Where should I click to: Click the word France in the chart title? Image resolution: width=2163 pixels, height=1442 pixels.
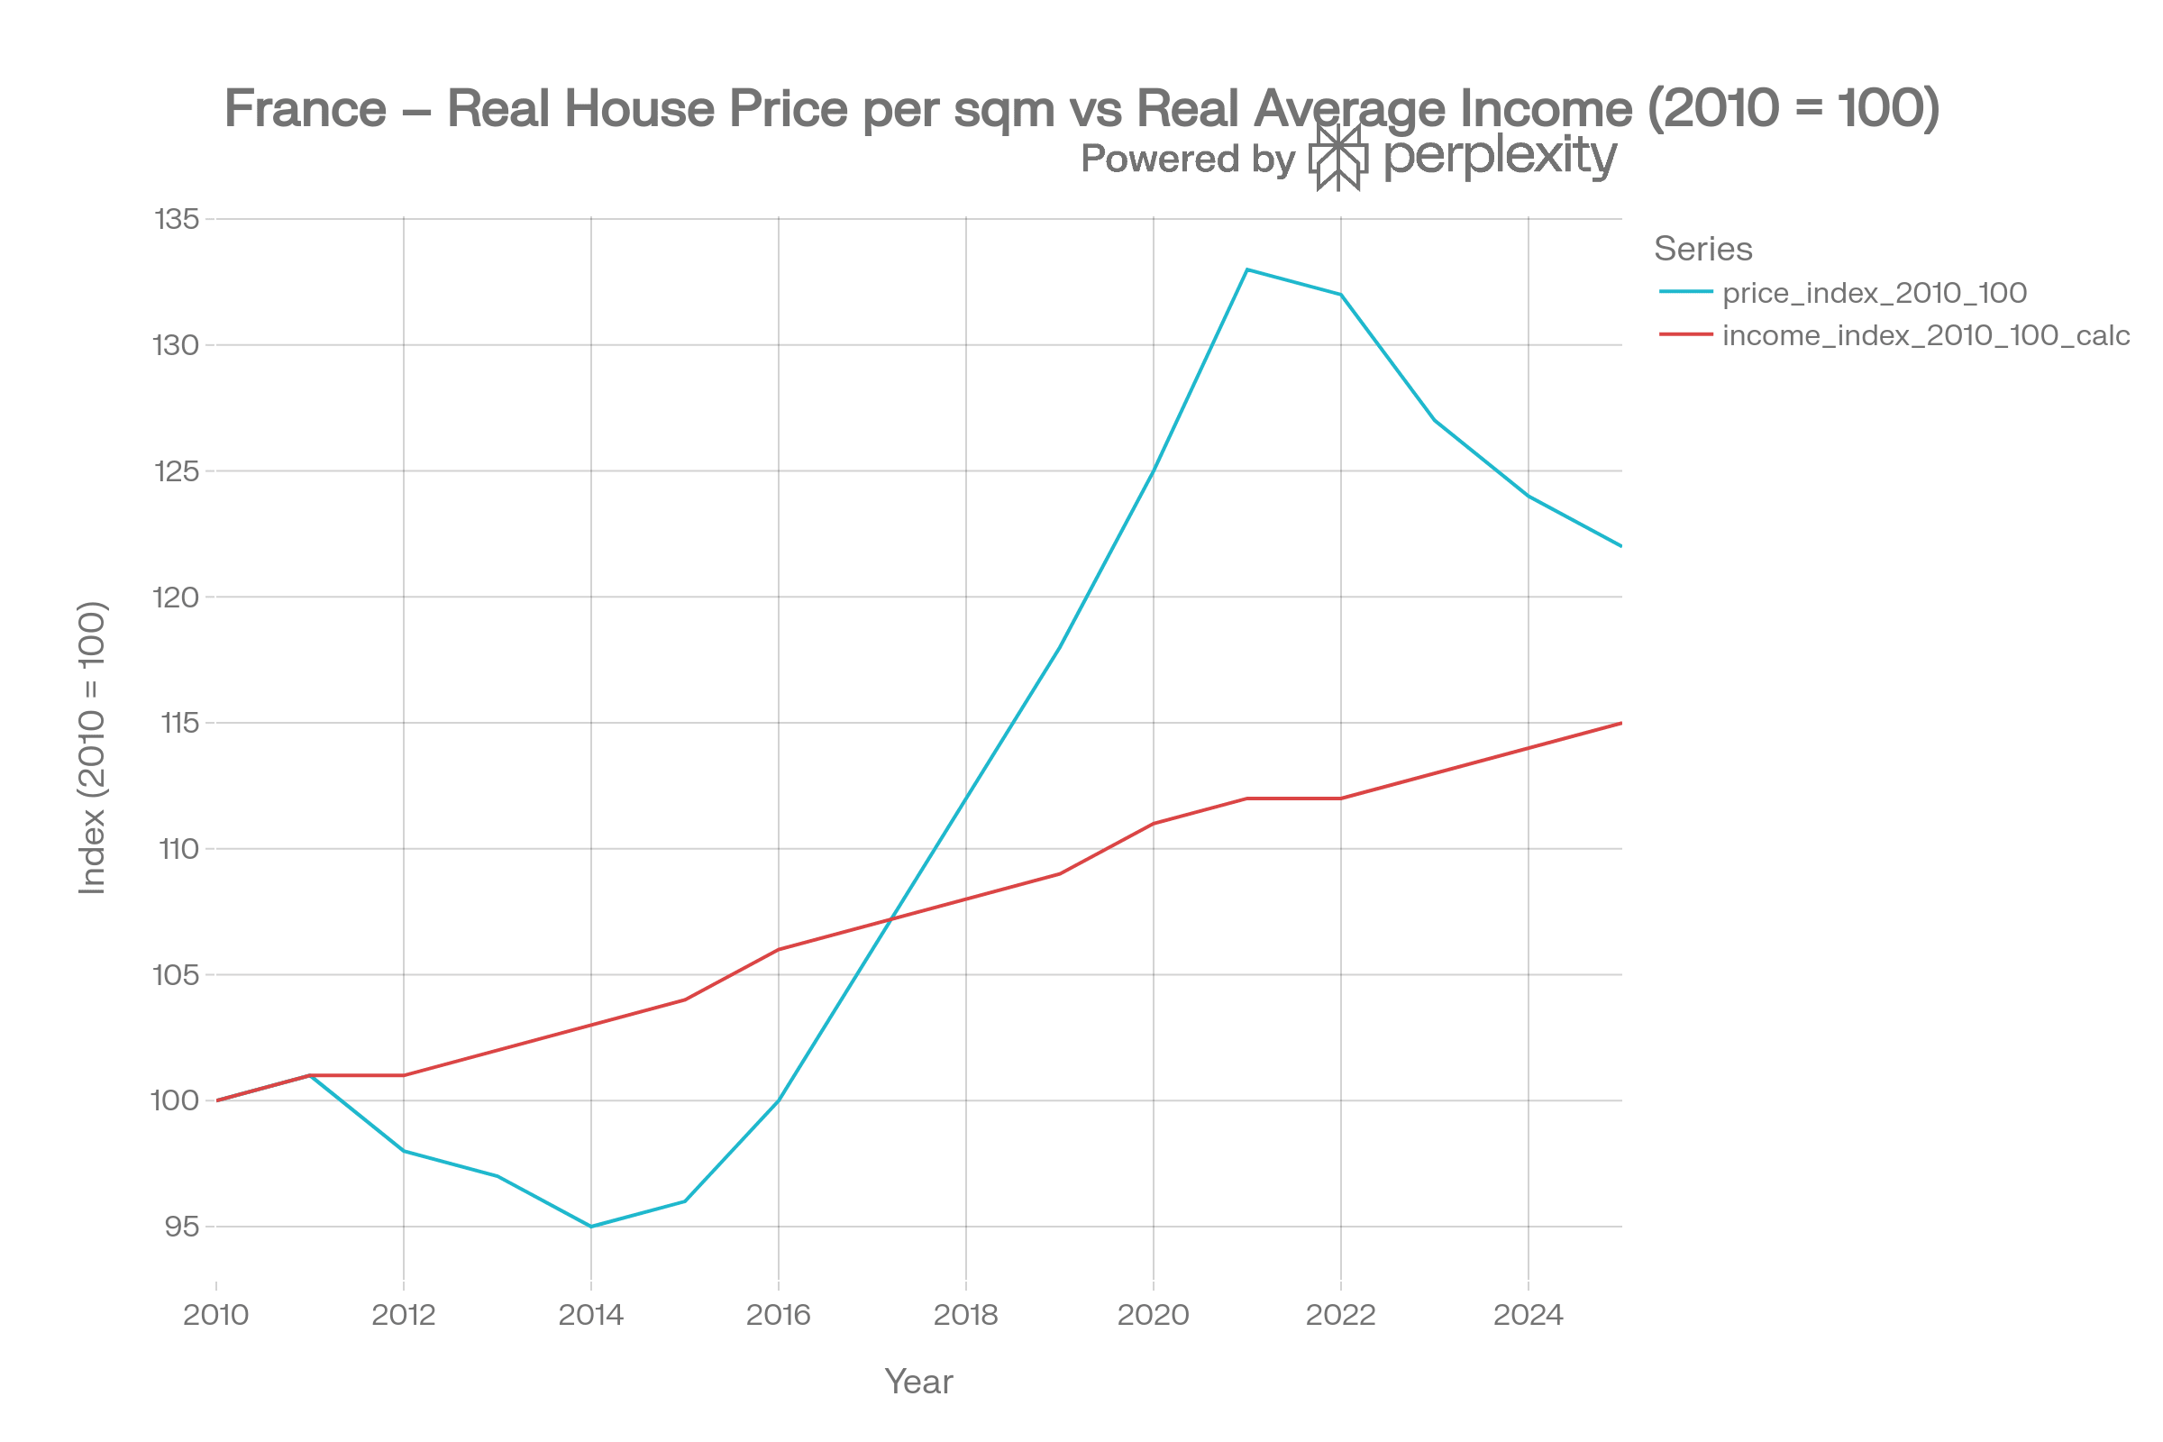coord(306,108)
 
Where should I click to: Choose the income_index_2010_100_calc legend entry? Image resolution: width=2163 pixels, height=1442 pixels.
coord(1926,334)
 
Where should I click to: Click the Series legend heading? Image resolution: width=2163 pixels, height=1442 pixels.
coord(1702,249)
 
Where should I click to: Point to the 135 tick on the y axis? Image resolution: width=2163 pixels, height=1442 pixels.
coord(178,220)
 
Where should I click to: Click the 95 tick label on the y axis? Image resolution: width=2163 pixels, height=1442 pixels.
coord(182,1226)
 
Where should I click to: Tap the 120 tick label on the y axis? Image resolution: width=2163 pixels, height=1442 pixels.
coord(178,597)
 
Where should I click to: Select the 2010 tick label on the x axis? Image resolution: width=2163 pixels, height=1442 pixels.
coord(216,1315)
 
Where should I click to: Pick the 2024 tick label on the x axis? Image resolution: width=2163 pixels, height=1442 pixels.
coord(1528,1315)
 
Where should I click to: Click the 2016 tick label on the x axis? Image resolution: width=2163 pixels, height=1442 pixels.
coord(778,1315)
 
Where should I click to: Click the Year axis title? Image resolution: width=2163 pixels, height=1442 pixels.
coord(918,1382)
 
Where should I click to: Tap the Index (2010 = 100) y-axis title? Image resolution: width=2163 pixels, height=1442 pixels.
coord(93,747)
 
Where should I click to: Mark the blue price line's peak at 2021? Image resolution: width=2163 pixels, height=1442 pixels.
coord(1246,269)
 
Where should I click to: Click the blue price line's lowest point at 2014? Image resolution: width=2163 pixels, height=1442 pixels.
coord(591,1226)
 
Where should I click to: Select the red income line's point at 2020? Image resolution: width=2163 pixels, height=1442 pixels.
coord(1154,823)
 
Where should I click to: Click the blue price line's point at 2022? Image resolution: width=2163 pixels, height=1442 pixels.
coord(1341,295)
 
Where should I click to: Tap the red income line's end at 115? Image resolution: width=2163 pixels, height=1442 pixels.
coord(1620,724)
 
